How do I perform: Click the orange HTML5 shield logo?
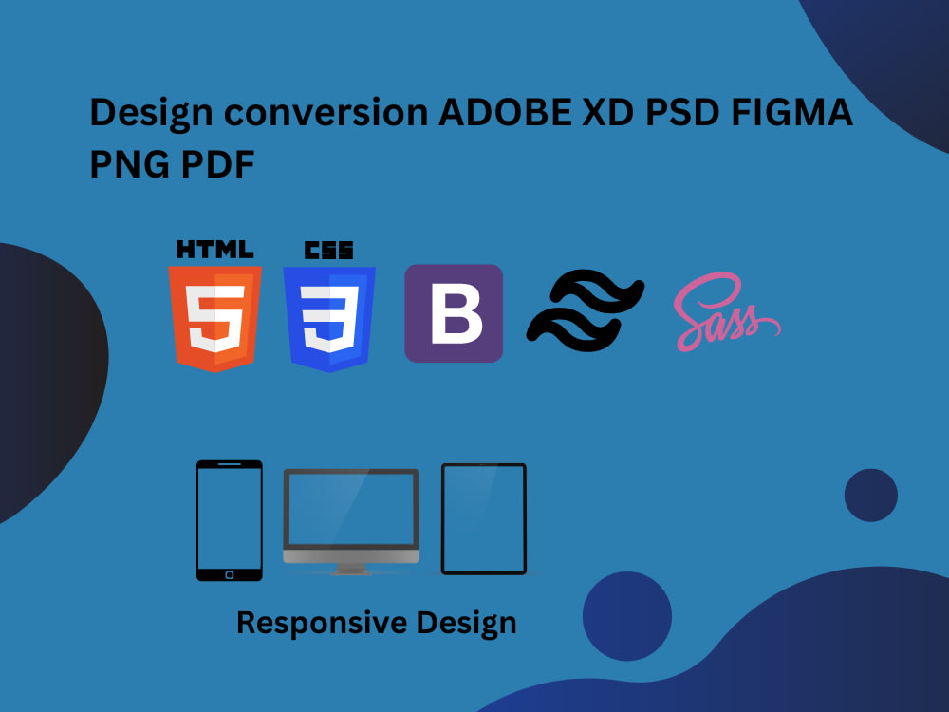pos(215,317)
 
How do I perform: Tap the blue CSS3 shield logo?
pos(329,317)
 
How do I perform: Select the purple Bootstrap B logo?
pos(454,313)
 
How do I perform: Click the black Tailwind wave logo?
pos(586,309)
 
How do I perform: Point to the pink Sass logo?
pos(726,312)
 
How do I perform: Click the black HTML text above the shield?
pos(215,250)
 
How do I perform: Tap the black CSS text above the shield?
pos(329,250)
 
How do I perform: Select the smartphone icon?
pos(229,520)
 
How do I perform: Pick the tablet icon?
pos(483,518)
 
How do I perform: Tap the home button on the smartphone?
pos(229,573)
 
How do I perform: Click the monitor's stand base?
pos(351,571)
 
